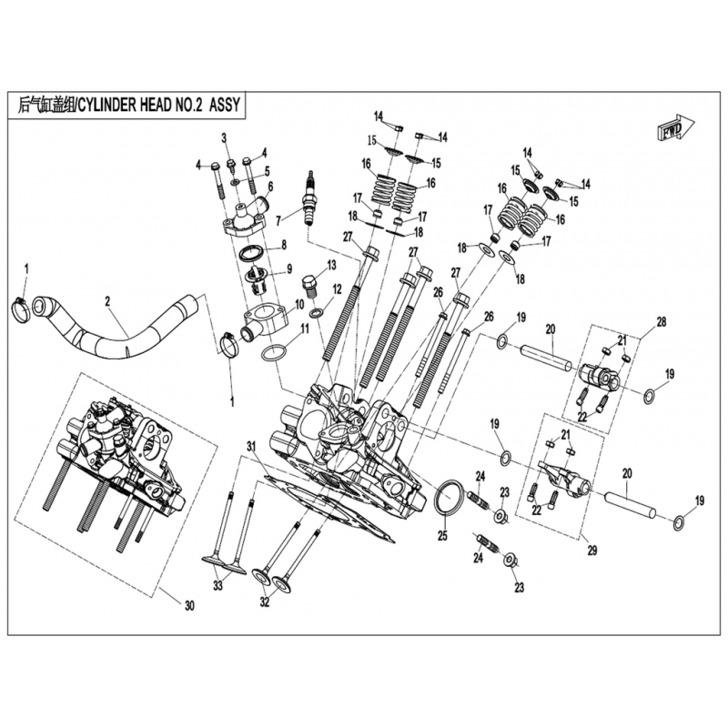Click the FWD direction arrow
point(675,126)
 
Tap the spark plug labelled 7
point(307,198)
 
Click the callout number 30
point(189,605)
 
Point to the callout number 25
point(442,536)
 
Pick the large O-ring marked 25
point(449,498)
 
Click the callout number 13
point(331,265)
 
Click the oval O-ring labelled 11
point(274,353)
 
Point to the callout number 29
point(592,551)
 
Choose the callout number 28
point(661,321)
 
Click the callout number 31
point(251,447)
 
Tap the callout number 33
point(217,586)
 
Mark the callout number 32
point(265,602)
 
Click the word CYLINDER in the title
point(106,105)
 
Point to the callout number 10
point(299,305)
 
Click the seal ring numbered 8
point(251,254)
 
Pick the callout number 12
point(338,288)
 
